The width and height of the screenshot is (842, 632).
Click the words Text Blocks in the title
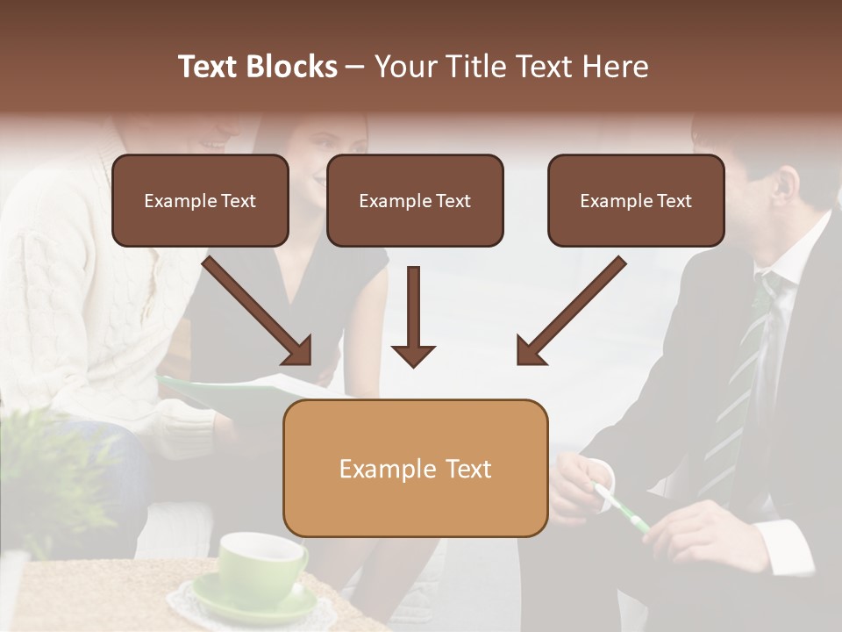pos(257,67)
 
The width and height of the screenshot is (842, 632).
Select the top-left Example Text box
pos(200,200)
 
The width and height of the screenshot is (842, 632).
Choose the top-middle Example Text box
pos(415,200)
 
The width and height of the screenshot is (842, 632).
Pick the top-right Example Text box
pos(636,200)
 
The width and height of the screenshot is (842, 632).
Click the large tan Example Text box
pos(415,468)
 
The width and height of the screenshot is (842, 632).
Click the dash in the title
pos(356,68)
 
